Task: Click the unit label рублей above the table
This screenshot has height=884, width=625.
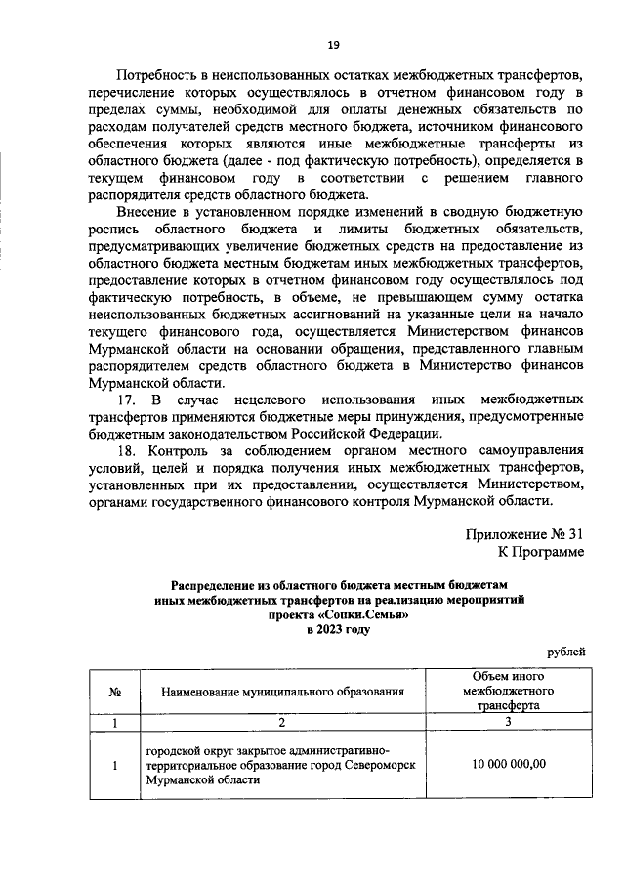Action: point(565,652)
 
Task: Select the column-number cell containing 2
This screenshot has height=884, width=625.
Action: point(282,724)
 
